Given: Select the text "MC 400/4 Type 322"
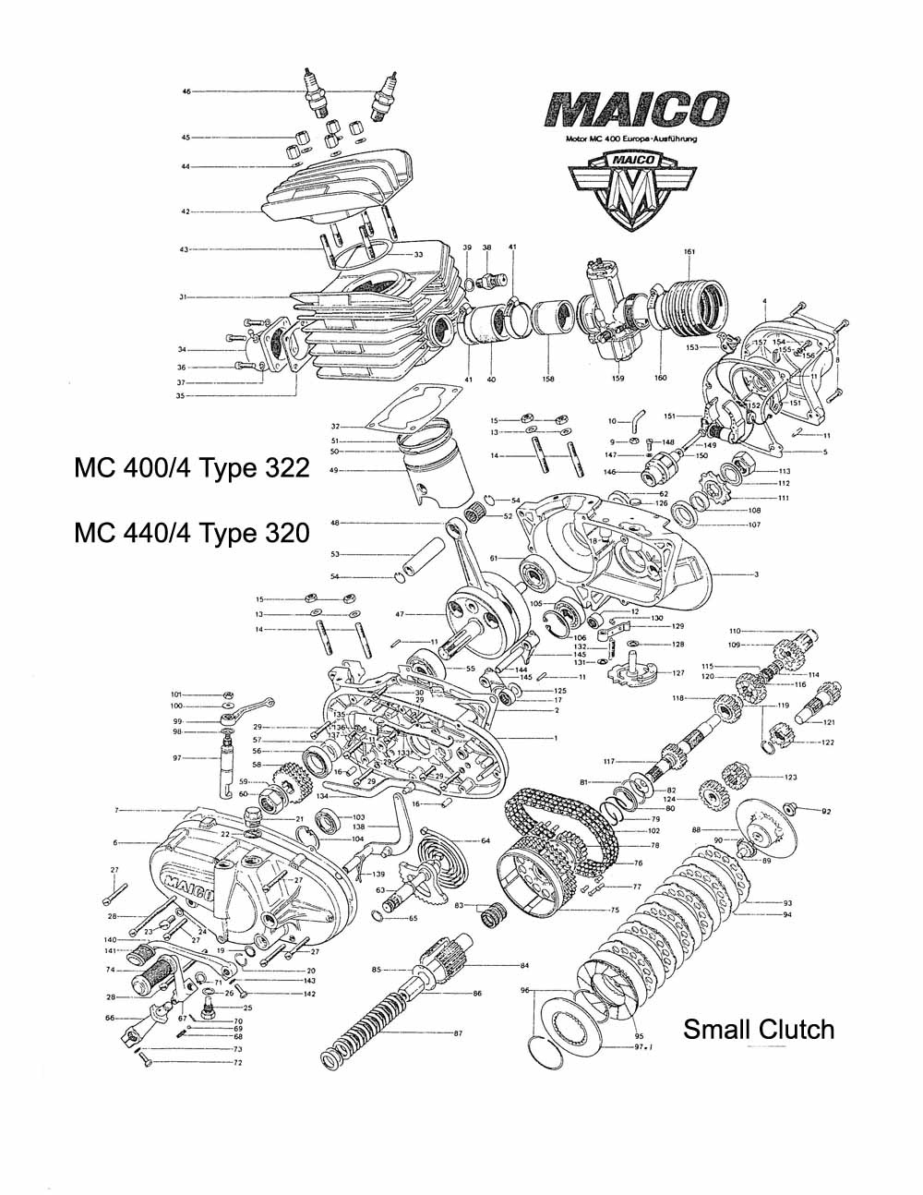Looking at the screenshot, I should tap(191, 468).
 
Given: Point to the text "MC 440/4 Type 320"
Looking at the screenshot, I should tap(191, 533).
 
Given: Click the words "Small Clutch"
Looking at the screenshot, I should tap(758, 1029).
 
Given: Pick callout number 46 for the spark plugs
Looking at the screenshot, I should tap(186, 92).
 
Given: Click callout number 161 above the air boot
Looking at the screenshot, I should tap(689, 252).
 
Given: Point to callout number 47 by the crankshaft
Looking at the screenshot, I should tap(401, 614).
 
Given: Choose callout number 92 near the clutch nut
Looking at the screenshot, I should tap(826, 812).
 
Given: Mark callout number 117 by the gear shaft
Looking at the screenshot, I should tap(609, 761).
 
